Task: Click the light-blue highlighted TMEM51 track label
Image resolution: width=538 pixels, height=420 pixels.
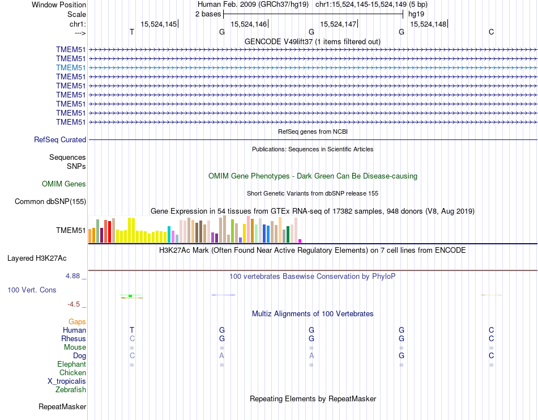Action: point(71,67)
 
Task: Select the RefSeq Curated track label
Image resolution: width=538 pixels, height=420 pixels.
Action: point(60,139)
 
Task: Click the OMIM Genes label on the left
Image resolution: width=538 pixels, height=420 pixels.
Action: point(64,184)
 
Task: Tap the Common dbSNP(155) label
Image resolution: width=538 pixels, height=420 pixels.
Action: point(50,201)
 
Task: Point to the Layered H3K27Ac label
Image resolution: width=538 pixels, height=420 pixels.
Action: point(37,258)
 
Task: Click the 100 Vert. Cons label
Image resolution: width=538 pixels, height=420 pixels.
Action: point(32,290)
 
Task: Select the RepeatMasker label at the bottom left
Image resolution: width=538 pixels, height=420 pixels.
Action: point(62,406)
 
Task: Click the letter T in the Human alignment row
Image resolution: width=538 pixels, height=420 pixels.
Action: point(132,330)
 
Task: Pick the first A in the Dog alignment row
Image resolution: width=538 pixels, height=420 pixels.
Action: point(222,355)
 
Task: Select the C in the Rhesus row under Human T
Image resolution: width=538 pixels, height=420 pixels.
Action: point(132,338)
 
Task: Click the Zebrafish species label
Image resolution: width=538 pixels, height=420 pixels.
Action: point(71,389)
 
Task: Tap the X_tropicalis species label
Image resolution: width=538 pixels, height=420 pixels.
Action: point(67,381)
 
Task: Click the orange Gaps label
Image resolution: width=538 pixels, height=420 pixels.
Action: point(77,321)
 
